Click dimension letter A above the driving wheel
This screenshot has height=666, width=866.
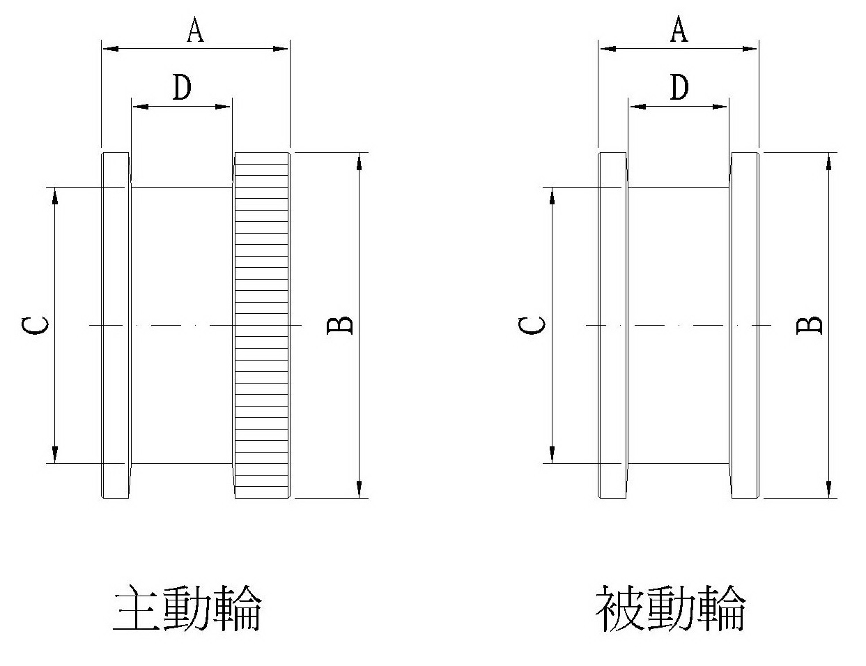pyautogui.click(x=196, y=30)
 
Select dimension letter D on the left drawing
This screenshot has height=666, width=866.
pyautogui.click(x=182, y=88)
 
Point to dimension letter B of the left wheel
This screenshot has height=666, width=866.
pyautogui.click(x=341, y=325)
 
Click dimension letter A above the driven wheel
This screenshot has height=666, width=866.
pyautogui.click(x=679, y=30)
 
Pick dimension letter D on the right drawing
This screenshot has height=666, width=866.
pyautogui.click(x=679, y=88)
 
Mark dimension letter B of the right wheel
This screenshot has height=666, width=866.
pyautogui.click(x=810, y=325)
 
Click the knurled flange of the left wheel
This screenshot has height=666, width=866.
pyautogui.click(x=261, y=325)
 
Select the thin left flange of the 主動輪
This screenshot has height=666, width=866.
pyautogui.click(x=116, y=325)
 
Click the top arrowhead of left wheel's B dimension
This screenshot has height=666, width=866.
pyautogui.click(x=359, y=160)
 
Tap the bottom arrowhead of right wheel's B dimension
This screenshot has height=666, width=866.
pyautogui.click(x=828, y=488)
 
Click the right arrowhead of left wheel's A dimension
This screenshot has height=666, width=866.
pyautogui.click(x=280, y=49)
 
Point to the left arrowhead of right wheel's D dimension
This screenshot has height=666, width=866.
pyautogui.click(x=637, y=107)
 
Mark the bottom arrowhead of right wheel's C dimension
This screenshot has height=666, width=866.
pyautogui.click(x=552, y=454)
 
